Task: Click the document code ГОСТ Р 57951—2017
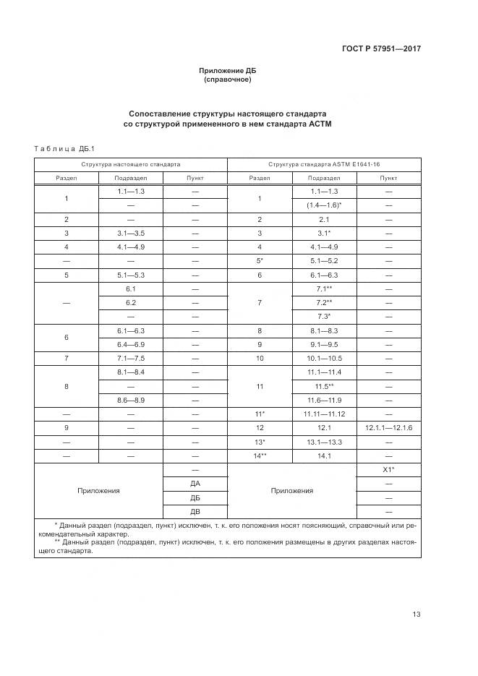pos(380,48)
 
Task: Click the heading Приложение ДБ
pos(228,71)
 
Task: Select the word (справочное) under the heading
pos(228,80)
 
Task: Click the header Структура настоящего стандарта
pos(131,164)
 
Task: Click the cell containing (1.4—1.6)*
pos(324,205)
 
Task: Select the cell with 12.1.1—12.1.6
pos(388,428)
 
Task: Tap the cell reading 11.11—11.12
pos(324,414)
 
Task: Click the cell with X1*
pos(388,470)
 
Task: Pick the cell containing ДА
pos(195,484)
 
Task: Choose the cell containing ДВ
pos(195,511)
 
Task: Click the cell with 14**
pos(260,455)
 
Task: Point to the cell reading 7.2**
pos(324,302)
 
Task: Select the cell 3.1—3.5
pos(131,233)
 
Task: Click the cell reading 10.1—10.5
pos(324,358)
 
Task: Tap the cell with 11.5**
pos(324,386)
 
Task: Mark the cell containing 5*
pos(260,260)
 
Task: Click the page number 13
pos(416,615)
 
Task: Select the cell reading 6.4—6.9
pos(131,344)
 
